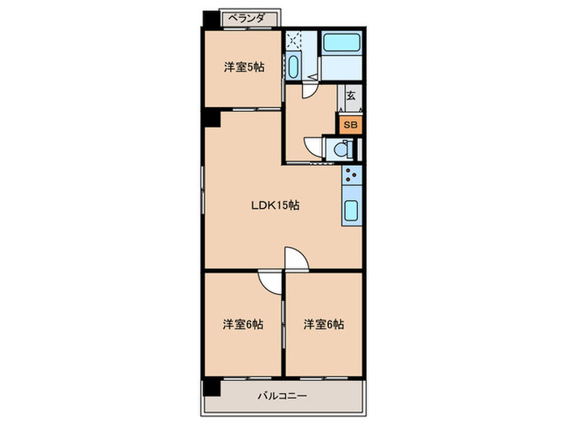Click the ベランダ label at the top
click(249, 17)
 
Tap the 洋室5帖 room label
click(244, 68)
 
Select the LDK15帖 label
click(275, 206)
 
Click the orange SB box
click(350, 125)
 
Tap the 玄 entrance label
click(351, 95)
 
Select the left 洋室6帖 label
click(244, 325)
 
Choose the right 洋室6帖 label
click(324, 325)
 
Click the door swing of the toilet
click(313, 148)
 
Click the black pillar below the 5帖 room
click(212, 117)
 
